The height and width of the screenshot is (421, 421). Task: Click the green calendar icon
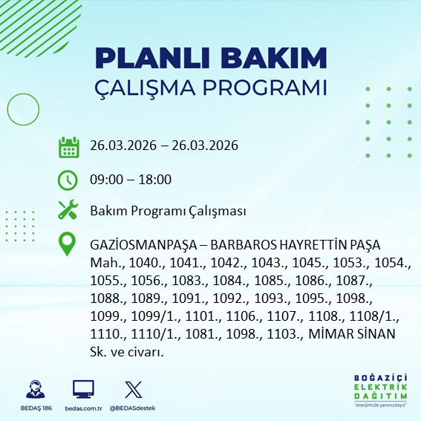[x=68, y=147]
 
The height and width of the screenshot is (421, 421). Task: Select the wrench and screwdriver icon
[x=68, y=211]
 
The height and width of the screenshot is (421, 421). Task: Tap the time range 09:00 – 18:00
[x=131, y=179]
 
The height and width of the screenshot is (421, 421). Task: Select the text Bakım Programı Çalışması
[x=168, y=211]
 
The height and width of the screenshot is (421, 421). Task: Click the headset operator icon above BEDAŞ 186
[x=33, y=389]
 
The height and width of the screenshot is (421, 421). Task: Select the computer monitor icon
[x=82, y=389]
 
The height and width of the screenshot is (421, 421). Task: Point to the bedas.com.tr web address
[x=82, y=408]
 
